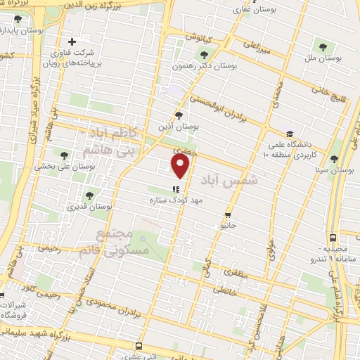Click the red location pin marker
pos(181,166)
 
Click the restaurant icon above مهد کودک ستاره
pos(176,188)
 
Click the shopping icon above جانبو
pos(227,215)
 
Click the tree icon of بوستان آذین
pos(179,115)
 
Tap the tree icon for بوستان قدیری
pos(89,195)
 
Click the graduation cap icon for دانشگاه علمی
pos(289,134)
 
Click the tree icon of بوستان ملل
pos(323,48)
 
